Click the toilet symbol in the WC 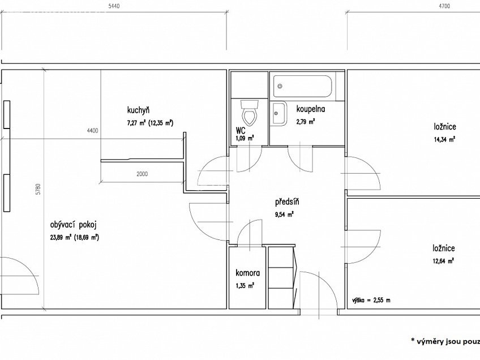pos(250,114)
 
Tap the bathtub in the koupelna pos(302,86)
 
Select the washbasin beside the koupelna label pos(279,114)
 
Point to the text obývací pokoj pos(74,225)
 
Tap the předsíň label pos(287,202)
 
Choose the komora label pos(248,273)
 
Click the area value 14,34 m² pos(444,140)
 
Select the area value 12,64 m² pos(443,261)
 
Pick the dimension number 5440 pos(114,6)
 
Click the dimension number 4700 pos(444,6)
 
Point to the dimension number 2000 pos(142,174)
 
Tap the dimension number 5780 pos(38,189)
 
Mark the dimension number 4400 pos(92,131)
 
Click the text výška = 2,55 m pos(371,300)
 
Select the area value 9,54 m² pos(284,215)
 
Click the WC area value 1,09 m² pos(245,138)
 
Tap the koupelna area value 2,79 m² pos(306,122)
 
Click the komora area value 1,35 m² pos(245,286)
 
